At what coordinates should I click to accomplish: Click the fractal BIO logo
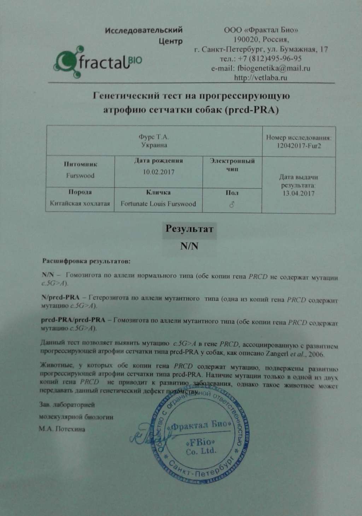click(98, 62)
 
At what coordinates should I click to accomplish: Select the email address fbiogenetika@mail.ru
click(261, 68)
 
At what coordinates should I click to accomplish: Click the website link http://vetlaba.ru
click(261, 78)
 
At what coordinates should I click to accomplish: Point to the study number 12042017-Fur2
click(298, 146)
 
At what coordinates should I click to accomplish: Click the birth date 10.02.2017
click(158, 172)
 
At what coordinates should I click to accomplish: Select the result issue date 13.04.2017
click(298, 193)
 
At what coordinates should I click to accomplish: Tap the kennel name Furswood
click(80, 176)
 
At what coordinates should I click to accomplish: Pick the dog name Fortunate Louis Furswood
click(158, 204)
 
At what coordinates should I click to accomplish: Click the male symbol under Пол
click(232, 204)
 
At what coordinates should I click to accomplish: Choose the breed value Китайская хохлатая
click(80, 204)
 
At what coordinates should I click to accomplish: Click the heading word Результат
click(189, 228)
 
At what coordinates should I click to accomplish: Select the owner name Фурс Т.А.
click(154, 137)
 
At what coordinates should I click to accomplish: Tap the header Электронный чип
click(232, 165)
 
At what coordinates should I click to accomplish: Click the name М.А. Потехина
click(62, 429)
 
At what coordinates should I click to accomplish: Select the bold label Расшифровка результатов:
click(87, 262)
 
